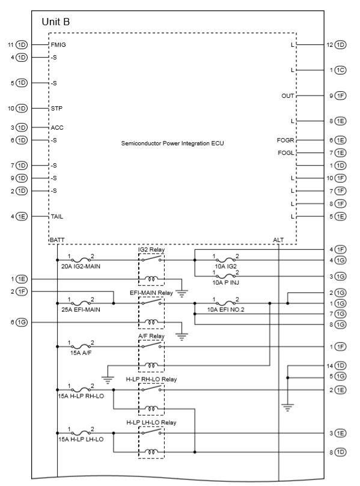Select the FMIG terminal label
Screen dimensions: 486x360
[58, 45]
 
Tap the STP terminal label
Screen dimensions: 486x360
[57, 109]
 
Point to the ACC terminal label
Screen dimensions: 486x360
[57, 127]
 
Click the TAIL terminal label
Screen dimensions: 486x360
[57, 216]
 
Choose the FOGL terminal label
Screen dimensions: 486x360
[285, 153]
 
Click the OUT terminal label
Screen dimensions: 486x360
[288, 96]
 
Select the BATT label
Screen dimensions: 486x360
[56, 240]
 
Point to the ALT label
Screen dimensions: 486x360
[278, 240]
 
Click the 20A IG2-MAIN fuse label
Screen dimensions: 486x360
[81, 266]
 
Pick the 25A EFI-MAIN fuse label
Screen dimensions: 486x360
[81, 309]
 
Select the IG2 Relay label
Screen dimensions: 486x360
[151, 249]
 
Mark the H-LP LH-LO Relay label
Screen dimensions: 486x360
[151, 422]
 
